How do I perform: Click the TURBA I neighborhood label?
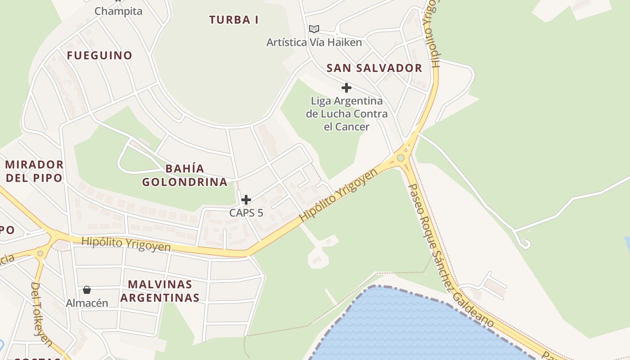[234, 20]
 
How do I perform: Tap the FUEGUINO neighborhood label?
[100, 56]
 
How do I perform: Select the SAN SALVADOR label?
[374, 68]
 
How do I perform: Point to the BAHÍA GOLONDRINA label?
[185, 175]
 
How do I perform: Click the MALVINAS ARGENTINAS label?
[160, 291]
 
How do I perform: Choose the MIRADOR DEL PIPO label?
[34, 171]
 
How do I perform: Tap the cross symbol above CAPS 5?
[246, 200]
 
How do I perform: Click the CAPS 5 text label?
[246, 213]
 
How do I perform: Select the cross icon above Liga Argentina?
[346, 87]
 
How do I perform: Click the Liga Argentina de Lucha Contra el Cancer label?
[346, 114]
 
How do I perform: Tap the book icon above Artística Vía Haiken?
[314, 29]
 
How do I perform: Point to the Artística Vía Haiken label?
[314, 43]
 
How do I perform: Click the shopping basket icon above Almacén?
[87, 290]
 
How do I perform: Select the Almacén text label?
[87, 303]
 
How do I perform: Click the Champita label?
[118, 11]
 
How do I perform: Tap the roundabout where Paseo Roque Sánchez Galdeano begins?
[400, 158]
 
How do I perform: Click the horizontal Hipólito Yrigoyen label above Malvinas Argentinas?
[126, 244]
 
